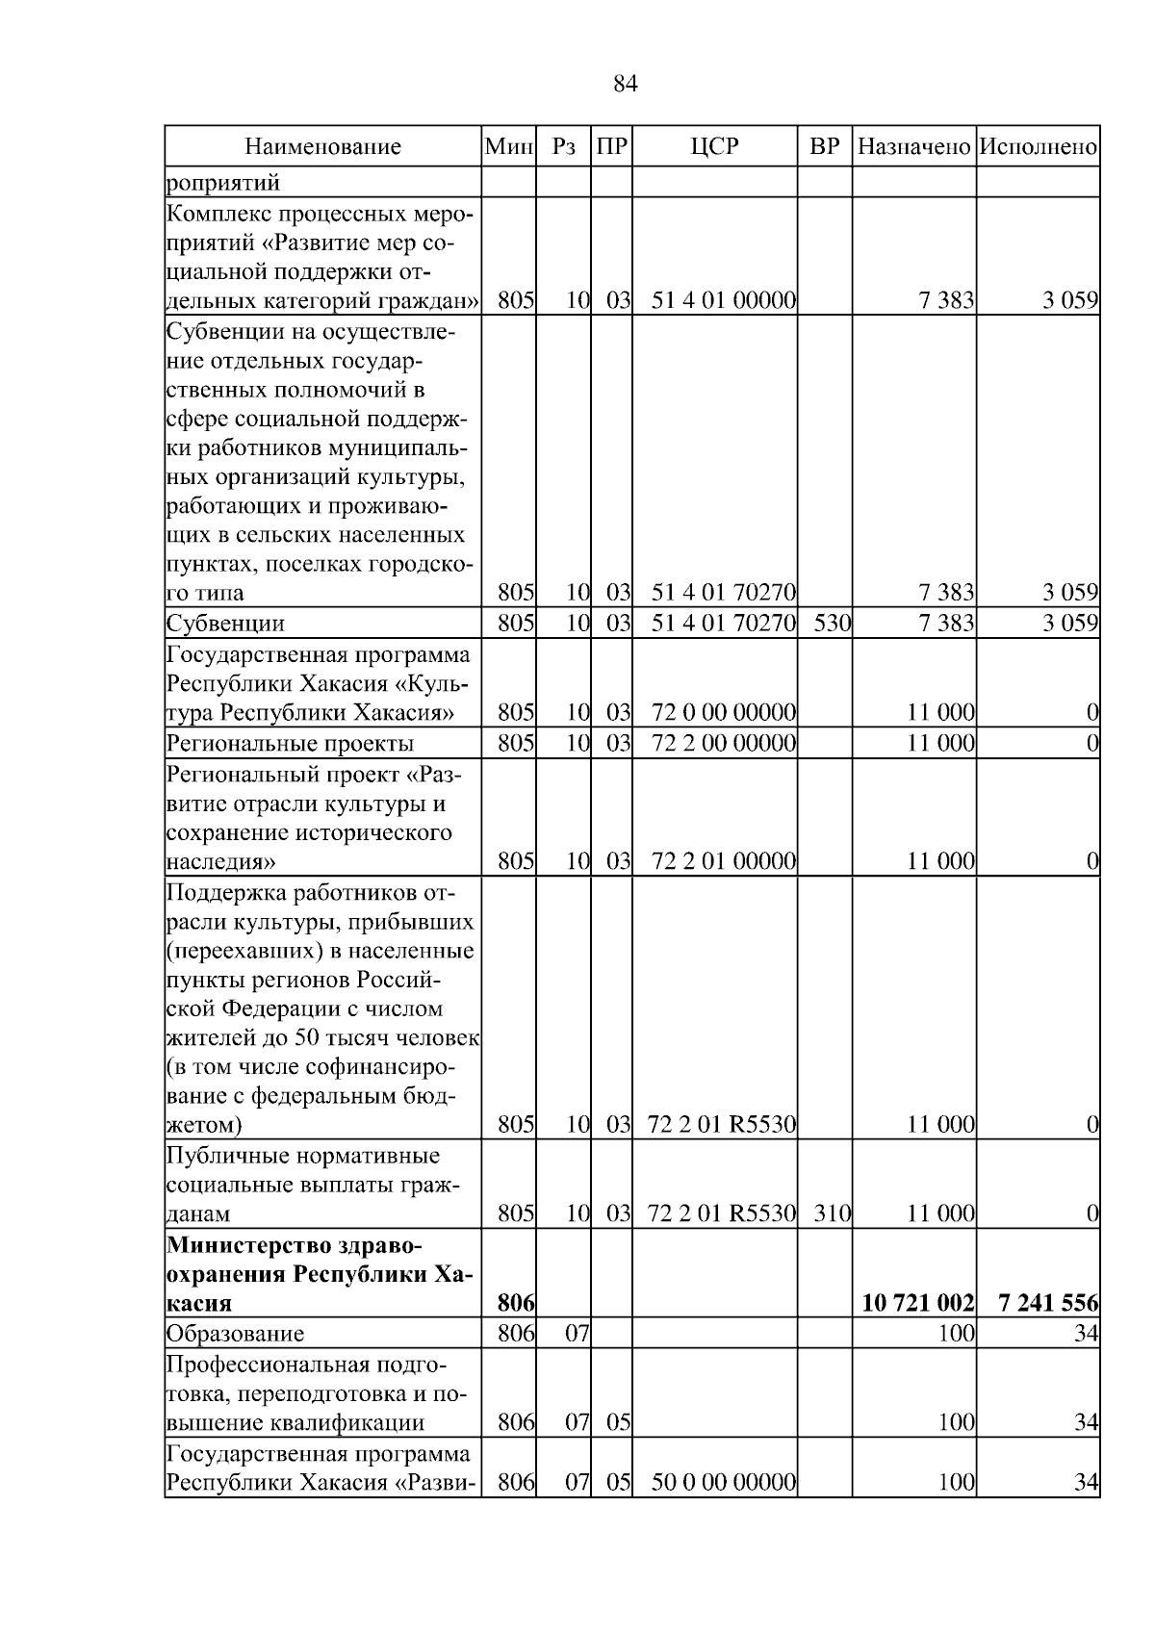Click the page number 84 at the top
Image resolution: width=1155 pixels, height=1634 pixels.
pos(625,85)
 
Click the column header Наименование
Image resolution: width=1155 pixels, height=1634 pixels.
pos(322,147)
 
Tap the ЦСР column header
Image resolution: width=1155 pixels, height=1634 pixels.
pos(714,147)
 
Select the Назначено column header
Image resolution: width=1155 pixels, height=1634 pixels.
pos(913,147)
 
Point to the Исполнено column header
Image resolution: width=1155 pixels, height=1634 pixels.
pos(1038,147)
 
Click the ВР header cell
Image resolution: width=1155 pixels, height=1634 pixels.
pos(825,147)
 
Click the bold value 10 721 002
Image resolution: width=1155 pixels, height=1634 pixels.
pos(918,1303)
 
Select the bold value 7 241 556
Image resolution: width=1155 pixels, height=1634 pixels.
pos(1048,1303)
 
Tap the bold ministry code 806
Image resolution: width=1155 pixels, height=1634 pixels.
pos(516,1303)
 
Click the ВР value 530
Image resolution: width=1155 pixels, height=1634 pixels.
pos(833,623)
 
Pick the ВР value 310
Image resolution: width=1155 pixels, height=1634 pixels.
pos(833,1213)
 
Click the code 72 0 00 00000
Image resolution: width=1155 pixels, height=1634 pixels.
pos(724,713)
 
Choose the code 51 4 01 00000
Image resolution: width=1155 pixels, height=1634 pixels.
pos(724,300)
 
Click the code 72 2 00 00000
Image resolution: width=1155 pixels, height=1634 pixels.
pos(724,743)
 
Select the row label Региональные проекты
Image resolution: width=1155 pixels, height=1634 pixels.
pos(291,744)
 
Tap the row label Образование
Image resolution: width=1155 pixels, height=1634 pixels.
pos(236,1334)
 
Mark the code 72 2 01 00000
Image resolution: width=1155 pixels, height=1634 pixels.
pos(724,861)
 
